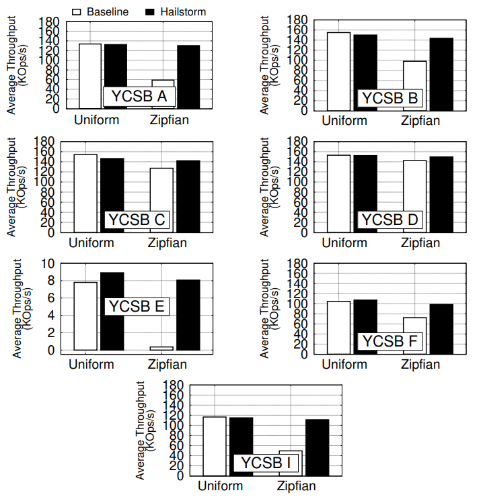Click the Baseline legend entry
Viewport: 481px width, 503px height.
pos(100,12)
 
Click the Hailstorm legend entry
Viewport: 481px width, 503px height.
pos(176,12)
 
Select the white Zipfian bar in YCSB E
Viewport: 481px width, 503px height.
pos(161,349)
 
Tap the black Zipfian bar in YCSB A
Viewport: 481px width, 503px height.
pos(188,77)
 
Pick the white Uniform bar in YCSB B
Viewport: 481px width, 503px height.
pos(338,72)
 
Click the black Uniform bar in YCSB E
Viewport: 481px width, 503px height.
pos(112,311)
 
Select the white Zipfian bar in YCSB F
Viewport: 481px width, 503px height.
pos(415,336)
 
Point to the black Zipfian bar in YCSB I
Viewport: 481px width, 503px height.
pos(317,447)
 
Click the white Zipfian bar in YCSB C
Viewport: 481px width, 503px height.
pos(161,200)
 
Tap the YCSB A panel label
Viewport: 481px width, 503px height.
pos(139,96)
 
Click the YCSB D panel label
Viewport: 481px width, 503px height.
pos(390,220)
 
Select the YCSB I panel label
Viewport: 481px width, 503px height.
pos(266,463)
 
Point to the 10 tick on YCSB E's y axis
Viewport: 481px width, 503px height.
pos(48,264)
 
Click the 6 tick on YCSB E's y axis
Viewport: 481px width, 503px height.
pos(51,298)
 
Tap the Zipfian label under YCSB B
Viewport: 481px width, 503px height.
pos(420,121)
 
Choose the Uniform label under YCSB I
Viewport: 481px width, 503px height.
pos(221,486)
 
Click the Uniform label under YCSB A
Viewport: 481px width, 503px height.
pos(97,120)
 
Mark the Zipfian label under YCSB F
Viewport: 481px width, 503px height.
pos(420,365)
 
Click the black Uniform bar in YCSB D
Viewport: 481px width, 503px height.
pos(365,194)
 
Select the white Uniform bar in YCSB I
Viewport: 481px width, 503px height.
pos(215,446)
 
